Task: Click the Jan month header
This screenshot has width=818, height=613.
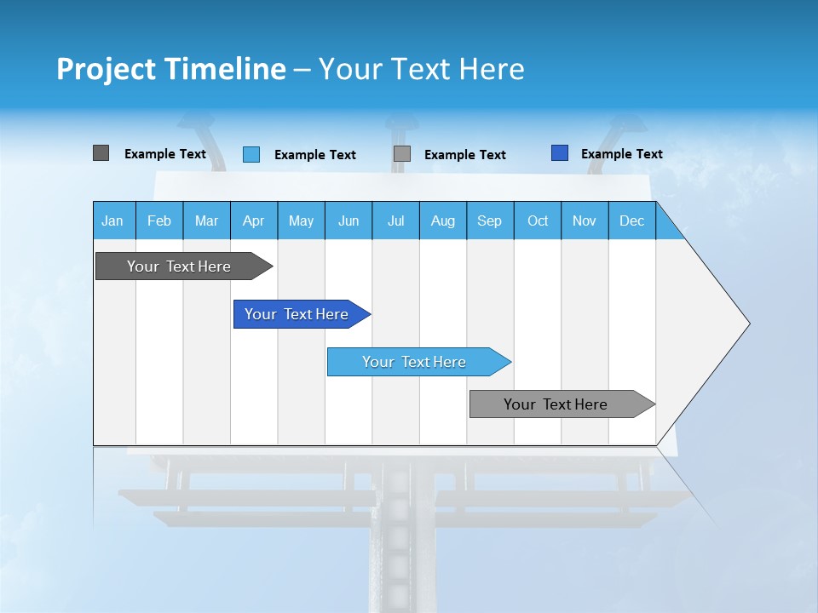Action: point(113,221)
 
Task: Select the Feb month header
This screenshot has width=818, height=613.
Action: point(159,221)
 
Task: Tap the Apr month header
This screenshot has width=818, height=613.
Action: point(254,221)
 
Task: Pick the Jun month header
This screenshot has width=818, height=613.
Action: point(349,221)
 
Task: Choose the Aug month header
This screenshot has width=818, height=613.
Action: point(443,221)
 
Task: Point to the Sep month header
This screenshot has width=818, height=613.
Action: point(490,221)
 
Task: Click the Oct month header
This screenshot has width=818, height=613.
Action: point(538,221)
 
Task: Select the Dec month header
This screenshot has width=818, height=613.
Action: point(632,221)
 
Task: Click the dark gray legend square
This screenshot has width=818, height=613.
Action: point(101,153)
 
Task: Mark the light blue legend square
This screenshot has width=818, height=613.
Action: point(251,154)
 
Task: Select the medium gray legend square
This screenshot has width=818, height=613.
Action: point(402,154)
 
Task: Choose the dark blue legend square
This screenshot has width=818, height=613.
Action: point(559,153)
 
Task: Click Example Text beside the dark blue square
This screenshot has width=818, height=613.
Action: point(621,154)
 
